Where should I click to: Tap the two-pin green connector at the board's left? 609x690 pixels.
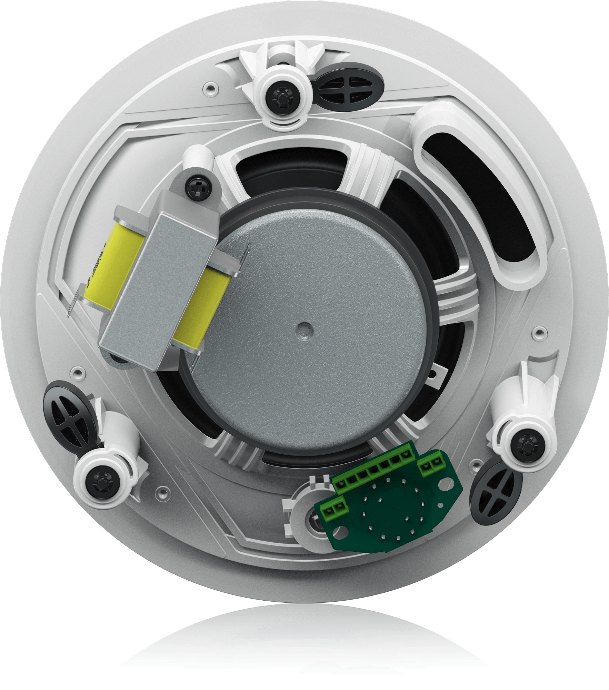[333, 509]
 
